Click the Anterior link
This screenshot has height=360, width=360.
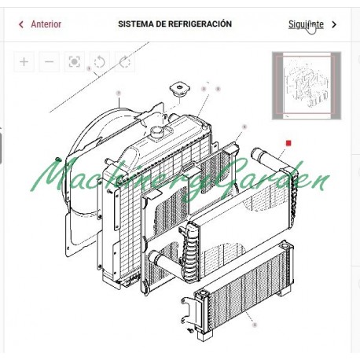click(x=46, y=24)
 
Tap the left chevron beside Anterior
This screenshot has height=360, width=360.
click(x=21, y=24)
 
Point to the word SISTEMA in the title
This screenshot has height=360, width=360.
click(x=135, y=24)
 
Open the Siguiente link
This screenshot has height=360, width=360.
click(x=306, y=24)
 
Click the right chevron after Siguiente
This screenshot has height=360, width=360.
click(x=335, y=24)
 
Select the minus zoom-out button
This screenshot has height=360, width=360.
click(x=50, y=62)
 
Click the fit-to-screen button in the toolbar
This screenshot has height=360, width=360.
click(x=75, y=62)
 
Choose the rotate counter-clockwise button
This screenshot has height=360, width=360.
click(x=100, y=62)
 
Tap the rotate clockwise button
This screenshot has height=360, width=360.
click(x=124, y=62)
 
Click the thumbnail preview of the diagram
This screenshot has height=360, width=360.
click(x=306, y=85)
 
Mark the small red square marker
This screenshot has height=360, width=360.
click(x=289, y=143)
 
